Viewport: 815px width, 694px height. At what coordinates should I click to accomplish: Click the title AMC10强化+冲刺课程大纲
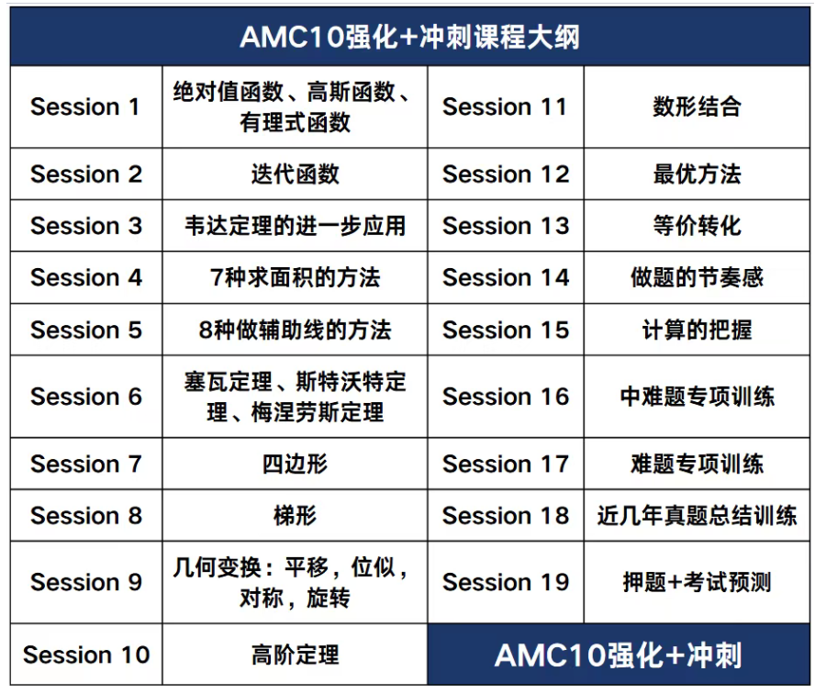[x=409, y=38]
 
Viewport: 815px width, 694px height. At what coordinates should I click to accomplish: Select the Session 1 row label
[x=85, y=107]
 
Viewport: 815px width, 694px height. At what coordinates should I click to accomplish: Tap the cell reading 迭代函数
[x=295, y=174]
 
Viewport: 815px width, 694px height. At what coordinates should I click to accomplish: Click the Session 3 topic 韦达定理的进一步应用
[x=295, y=226]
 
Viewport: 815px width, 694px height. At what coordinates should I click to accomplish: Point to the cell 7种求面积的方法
[x=295, y=277]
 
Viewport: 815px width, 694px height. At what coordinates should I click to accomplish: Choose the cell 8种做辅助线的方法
[x=295, y=330]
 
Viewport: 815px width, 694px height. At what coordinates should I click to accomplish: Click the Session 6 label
[x=86, y=397]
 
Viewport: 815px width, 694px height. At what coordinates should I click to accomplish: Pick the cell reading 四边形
[x=295, y=464]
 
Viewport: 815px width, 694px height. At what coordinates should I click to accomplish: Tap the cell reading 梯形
[x=295, y=516]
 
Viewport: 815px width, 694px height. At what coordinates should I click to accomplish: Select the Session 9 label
[x=86, y=582]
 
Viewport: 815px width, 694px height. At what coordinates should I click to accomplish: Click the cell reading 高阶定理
[x=295, y=655]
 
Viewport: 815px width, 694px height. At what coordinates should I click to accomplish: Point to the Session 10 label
[x=86, y=655]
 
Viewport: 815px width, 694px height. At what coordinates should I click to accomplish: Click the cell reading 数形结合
[x=697, y=107]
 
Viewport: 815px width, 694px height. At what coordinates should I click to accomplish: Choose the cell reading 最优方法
[x=697, y=174]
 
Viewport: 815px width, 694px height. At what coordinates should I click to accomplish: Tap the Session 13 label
[x=506, y=226]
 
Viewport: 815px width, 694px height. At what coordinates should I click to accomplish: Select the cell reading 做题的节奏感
[x=697, y=277]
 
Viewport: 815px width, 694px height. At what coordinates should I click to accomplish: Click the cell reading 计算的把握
[x=697, y=330]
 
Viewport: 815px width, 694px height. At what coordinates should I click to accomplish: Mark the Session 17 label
[x=506, y=465]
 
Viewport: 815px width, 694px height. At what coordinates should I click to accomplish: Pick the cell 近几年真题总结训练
[x=697, y=516]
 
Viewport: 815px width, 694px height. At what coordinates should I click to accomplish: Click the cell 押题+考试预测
[x=697, y=582]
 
